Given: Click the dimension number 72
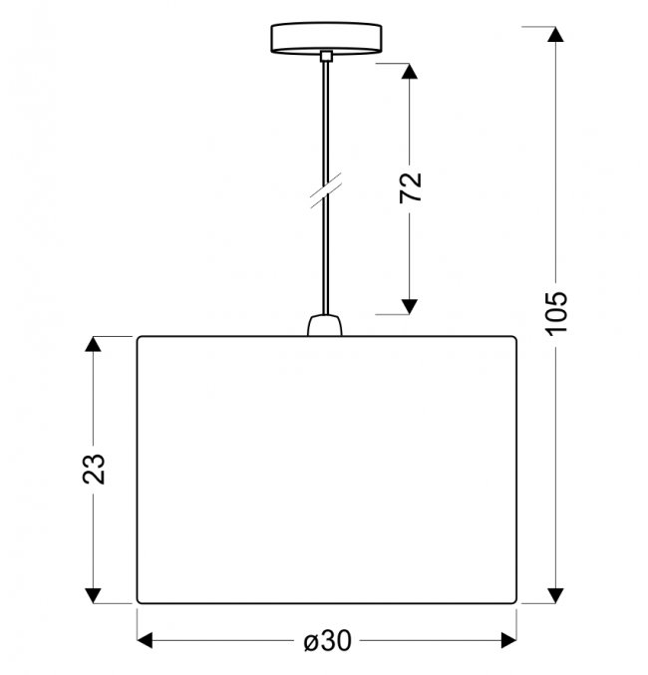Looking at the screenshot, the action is pos(411,187).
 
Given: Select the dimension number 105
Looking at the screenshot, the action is pos(556,312).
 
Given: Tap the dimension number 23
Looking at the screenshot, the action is pos(94,470).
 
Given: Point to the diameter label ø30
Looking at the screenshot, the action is pos(328,640).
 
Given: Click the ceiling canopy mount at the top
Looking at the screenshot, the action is pos(326,38).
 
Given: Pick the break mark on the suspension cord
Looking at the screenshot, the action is pos(326,190).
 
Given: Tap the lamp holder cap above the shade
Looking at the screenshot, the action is pos(325,325).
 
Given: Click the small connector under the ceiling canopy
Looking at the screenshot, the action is pos(326,56).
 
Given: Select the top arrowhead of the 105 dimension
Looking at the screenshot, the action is pos(555,34).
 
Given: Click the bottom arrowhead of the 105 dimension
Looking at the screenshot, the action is pos(555,595).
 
